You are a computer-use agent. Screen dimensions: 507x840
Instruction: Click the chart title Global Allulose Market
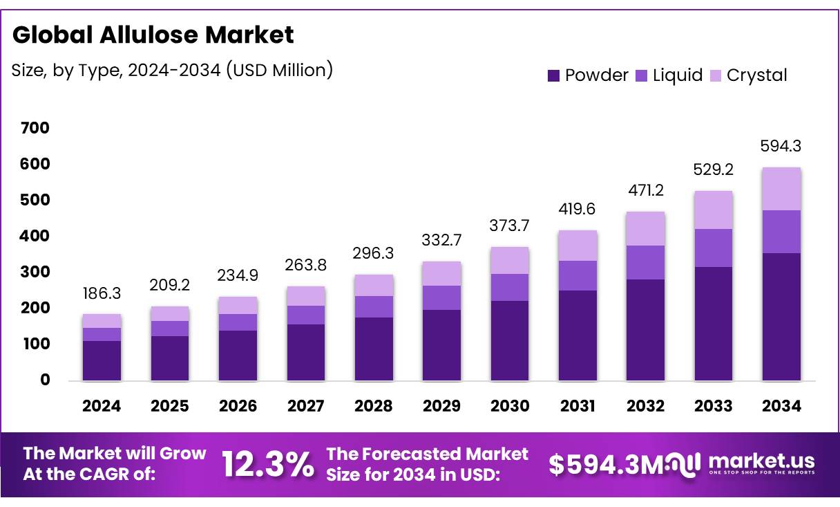(x=153, y=35)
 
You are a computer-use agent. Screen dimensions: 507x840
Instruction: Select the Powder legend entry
(x=588, y=75)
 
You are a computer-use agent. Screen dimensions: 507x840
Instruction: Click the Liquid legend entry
(x=669, y=75)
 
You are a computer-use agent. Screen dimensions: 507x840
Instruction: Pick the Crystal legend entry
(x=748, y=75)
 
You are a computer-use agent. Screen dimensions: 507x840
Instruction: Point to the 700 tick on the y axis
(x=35, y=128)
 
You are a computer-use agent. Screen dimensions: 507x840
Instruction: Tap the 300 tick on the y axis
(x=35, y=272)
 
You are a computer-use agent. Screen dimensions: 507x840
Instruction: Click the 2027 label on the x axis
(x=305, y=406)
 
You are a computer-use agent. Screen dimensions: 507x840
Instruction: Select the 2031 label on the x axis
(x=577, y=406)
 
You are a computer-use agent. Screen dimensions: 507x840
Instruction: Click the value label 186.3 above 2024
(x=102, y=294)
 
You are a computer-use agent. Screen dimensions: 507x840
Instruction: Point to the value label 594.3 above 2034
(x=781, y=146)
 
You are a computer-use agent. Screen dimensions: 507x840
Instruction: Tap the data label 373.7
(x=509, y=225)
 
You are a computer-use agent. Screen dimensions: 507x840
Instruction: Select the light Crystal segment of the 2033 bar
(x=714, y=210)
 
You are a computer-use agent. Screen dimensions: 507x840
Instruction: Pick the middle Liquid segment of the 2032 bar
(x=645, y=262)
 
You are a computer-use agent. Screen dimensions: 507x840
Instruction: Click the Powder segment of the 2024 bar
(x=102, y=360)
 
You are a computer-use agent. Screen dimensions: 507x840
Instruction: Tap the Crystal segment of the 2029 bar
(x=441, y=273)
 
